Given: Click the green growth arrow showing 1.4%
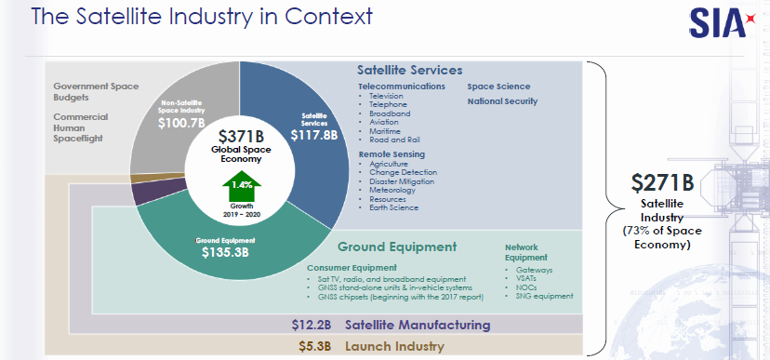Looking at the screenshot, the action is click(242, 186).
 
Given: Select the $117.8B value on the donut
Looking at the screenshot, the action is click(313, 135).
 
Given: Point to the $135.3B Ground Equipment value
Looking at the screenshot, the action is click(225, 252).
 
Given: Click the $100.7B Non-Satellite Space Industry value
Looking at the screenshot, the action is click(181, 123).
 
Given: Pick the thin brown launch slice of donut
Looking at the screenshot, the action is click(157, 178).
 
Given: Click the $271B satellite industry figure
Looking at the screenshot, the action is click(662, 182).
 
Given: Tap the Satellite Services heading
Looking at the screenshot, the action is click(409, 70).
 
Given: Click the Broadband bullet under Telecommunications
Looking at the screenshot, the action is click(390, 113).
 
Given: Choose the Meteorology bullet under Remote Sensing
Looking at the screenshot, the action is click(392, 190).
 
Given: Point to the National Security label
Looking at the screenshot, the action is click(502, 101).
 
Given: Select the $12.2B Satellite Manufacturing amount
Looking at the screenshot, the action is click(312, 326).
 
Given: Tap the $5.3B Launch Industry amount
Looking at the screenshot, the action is click(314, 346).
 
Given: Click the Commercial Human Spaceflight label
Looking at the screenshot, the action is click(81, 127).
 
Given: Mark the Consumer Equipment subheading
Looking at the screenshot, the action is click(352, 268).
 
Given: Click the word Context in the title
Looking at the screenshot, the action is click(328, 16).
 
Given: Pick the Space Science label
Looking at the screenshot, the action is click(499, 87).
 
